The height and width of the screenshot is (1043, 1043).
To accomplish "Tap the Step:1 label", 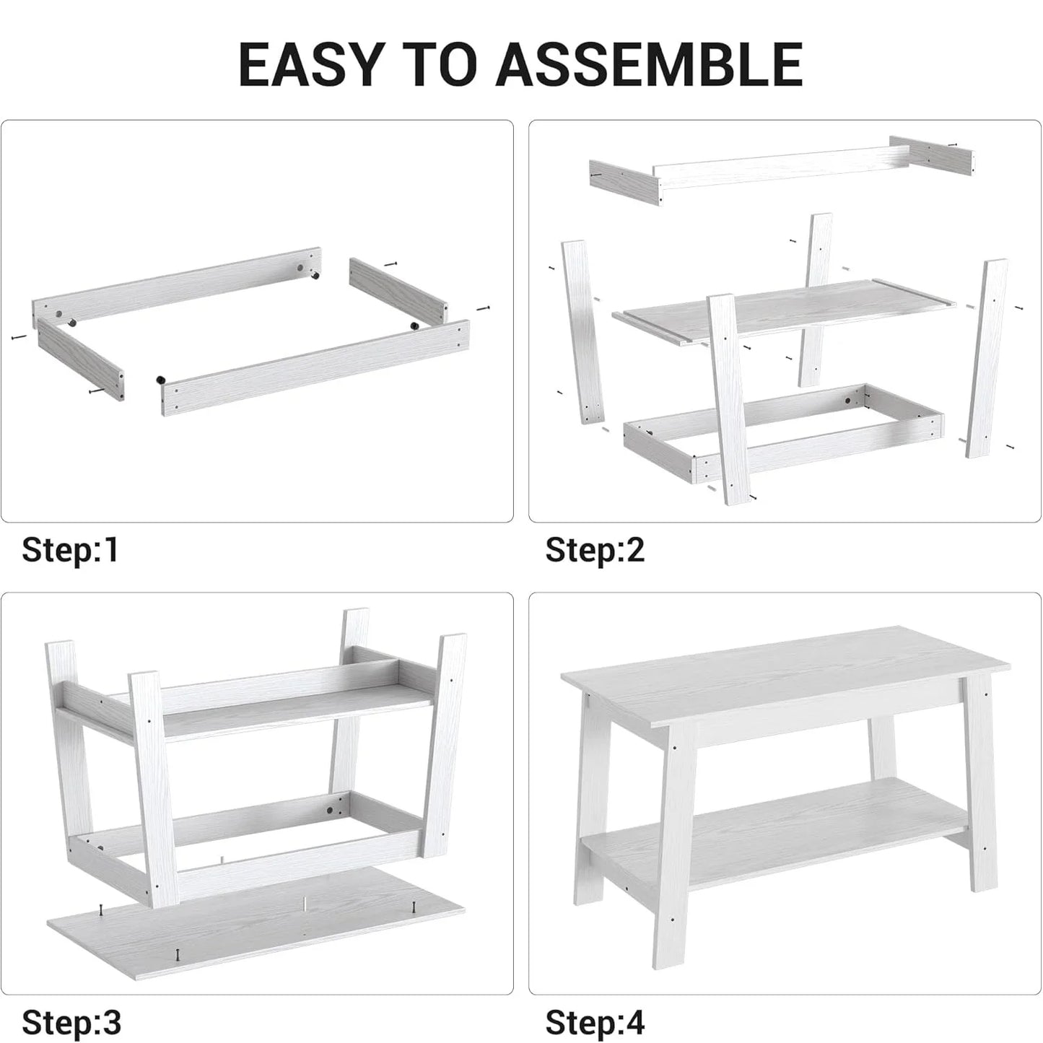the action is [x=70, y=550].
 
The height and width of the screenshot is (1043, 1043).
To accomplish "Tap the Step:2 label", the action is [x=594, y=550].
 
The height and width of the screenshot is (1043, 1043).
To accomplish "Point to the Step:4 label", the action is [x=594, y=1023].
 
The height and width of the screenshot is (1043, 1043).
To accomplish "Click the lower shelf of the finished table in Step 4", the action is [x=780, y=823].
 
